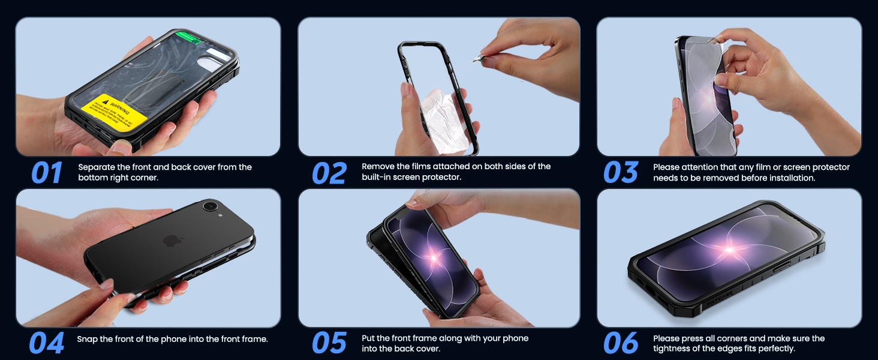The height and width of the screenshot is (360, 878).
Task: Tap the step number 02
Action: click(x=329, y=173)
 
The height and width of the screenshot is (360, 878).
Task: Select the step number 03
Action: click(x=621, y=173)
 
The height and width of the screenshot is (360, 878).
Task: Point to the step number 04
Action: click(x=46, y=343)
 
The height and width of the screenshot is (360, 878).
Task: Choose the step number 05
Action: click(x=329, y=343)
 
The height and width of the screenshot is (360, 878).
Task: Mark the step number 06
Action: click(x=621, y=343)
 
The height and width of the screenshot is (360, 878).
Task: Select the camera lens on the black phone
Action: click(x=211, y=207)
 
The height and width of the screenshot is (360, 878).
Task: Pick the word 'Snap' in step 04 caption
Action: click(x=88, y=339)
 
